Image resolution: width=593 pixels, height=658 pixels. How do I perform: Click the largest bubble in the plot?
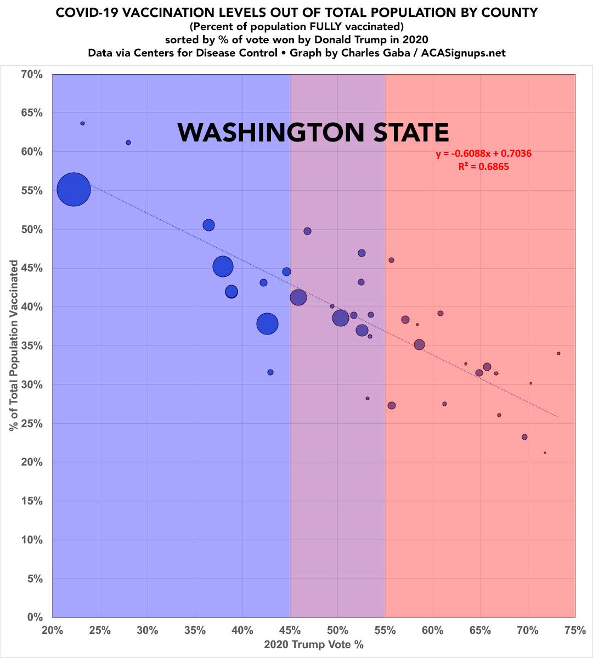pos(74,189)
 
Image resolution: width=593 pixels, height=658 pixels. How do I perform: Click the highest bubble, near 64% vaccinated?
pos(82,123)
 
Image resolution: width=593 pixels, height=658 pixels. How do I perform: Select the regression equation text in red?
pos(484,154)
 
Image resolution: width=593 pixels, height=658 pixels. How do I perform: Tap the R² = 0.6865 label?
pos(484,167)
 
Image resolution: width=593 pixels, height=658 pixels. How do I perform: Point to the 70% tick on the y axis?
pos(32,73)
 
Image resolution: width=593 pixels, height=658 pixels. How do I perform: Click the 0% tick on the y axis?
pos(35,617)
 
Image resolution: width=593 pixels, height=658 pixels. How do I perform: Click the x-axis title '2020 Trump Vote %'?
pos(314,645)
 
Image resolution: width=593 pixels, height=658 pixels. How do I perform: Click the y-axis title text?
pos(14,345)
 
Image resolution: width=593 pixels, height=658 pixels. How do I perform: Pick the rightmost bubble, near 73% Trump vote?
pos(558,353)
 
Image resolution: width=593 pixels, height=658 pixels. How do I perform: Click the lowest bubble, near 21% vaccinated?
pos(545,452)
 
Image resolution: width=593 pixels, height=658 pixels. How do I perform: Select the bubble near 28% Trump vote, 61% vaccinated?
pos(128,143)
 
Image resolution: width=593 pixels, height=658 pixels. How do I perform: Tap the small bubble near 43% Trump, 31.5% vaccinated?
pos(270,372)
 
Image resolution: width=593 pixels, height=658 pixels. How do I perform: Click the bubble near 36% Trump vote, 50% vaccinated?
pos(208,225)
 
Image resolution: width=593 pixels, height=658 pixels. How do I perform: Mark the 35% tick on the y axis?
pos(32,345)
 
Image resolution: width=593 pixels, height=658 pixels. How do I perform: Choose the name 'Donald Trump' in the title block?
pos(370,41)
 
